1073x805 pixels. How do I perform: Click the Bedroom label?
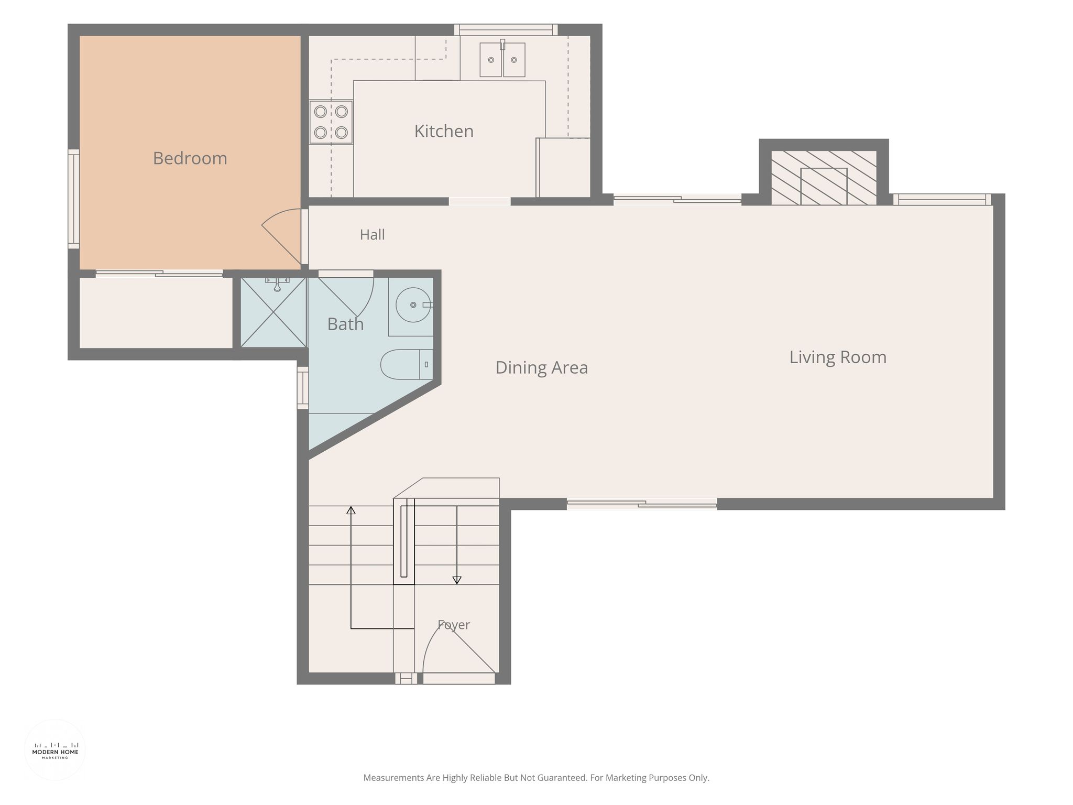(190, 158)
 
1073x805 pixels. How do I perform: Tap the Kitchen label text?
(444, 131)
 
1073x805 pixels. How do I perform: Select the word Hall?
(372, 235)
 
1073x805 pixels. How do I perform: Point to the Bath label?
(345, 324)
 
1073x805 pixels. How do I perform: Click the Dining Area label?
(542, 367)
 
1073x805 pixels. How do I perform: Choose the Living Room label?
(838, 357)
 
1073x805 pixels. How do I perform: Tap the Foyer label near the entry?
(454, 625)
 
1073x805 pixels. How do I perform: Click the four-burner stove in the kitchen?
(331, 122)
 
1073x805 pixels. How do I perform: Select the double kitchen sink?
(502, 59)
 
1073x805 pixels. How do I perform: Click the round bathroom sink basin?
(413, 304)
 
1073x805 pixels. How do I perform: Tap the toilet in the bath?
(407, 364)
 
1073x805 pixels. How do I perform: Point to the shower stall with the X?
(273, 312)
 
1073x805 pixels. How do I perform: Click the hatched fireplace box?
(824, 178)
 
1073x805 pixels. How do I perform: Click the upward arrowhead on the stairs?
(351, 510)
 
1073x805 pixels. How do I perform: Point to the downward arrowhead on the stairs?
(457, 580)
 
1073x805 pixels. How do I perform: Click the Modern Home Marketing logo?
(55, 750)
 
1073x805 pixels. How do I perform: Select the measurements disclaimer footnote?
(536, 778)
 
